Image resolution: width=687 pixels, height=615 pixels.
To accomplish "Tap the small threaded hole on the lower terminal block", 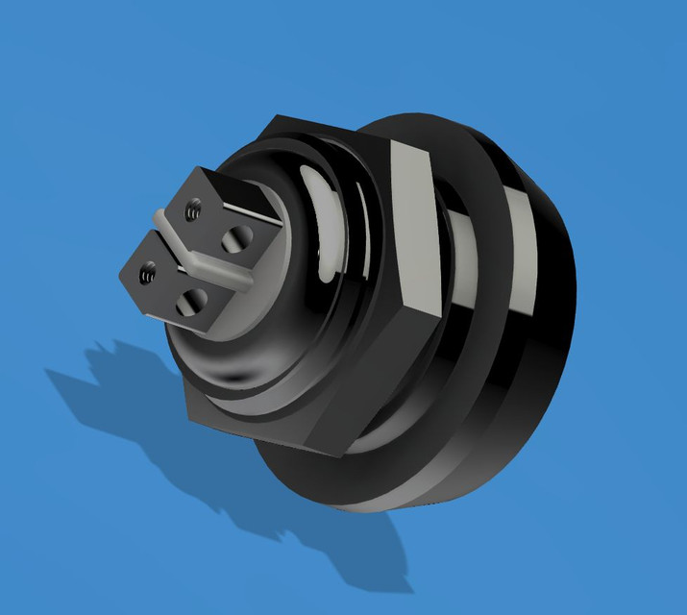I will point(147,274).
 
